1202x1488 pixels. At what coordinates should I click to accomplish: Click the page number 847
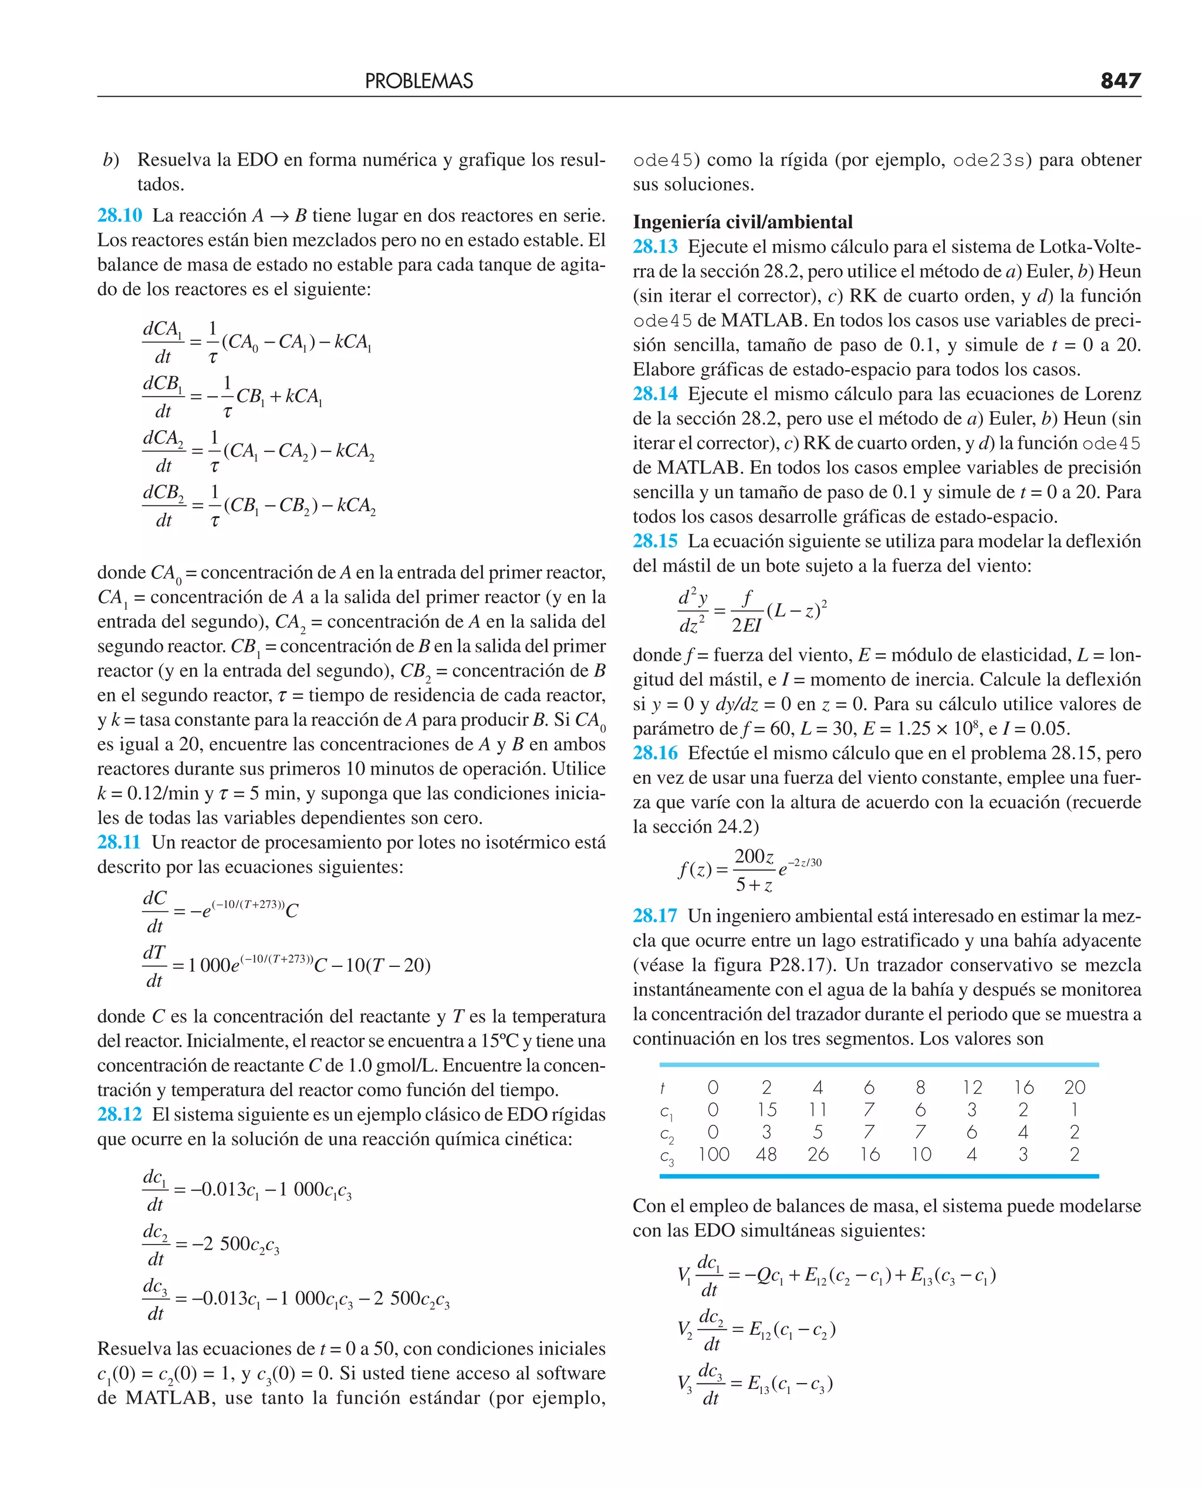point(1120,81)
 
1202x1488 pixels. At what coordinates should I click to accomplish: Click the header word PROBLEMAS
point(419,82)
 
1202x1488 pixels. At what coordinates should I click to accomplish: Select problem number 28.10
point(119,215)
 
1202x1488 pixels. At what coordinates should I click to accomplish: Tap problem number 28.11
point(119,842)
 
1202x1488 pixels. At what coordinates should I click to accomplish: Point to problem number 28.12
point(119,1114)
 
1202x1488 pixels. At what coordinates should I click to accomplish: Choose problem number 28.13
point(655,246)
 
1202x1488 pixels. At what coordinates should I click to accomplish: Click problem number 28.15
point(655,540)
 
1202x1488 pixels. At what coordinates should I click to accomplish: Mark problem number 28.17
point(655,916)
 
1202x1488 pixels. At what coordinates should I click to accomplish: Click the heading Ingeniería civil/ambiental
point(742,222)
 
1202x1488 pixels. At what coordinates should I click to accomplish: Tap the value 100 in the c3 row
point(713,1154)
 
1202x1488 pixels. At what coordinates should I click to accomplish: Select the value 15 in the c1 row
point(767,1110)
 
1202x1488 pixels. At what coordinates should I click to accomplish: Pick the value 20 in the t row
point(1075,1087)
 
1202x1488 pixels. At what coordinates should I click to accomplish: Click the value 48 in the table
point(767,1154)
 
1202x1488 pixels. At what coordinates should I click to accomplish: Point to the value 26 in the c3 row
point(818,1154)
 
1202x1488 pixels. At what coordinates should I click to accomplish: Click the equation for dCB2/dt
point(258,505)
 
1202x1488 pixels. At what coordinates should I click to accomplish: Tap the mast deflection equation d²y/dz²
point(752,610)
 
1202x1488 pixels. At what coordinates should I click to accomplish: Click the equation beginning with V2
point(756,1330)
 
